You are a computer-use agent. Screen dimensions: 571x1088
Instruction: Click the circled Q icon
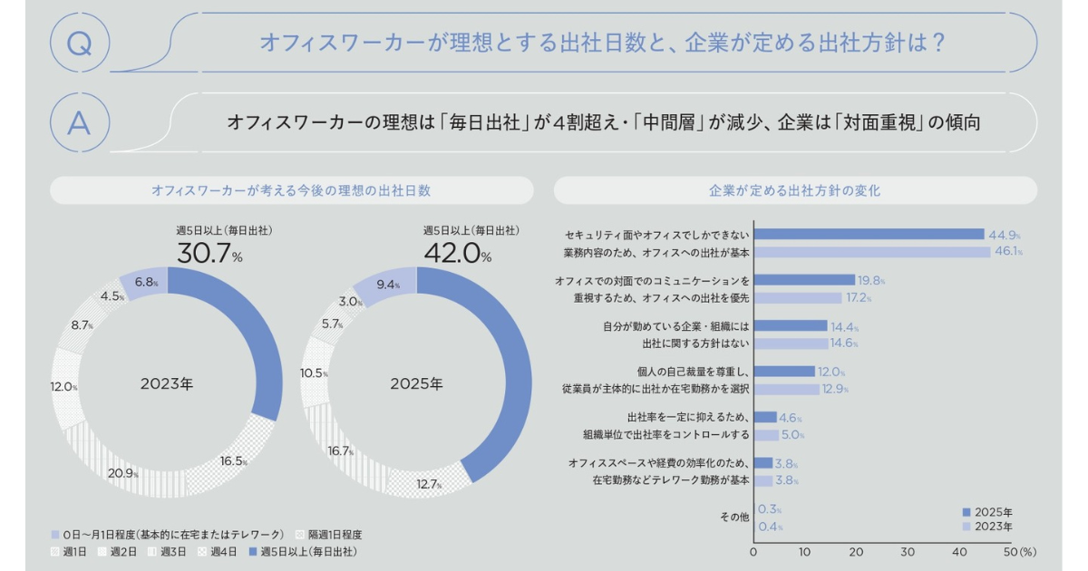pyautogui.click(x=80, y=43)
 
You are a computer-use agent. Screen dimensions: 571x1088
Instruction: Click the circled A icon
pyautogui.click(x=80, y=121)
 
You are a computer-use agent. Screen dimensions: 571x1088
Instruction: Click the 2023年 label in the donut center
pyautogui.click(x=167, y=384)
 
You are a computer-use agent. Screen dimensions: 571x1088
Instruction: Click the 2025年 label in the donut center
pyautogui.click(x=416, y=384)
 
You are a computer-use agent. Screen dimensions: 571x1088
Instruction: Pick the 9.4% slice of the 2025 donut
pyautogui.click(x=384, y=284)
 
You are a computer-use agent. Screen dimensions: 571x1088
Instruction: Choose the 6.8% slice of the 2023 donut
pyautogui.click(x=143, y=283)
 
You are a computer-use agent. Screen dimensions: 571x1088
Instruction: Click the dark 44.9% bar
pyautogui.click(x=869, y=234)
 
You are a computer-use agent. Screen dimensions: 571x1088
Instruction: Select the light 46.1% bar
pyautogui.click(x=871, y=251)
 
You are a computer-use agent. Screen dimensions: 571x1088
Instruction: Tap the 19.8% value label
pyautogui.click(x=871, y=280)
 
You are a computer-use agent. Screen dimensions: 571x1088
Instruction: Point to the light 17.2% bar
pyautogui.click(x=798, y=297)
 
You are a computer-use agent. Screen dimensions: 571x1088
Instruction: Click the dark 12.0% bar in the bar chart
pyautogui.click(x=784, y=372)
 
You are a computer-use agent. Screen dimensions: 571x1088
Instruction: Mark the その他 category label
pyautogui.click(x=733, y=517)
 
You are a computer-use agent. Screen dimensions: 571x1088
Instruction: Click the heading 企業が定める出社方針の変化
pyautogui.click(x=794, y=191)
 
